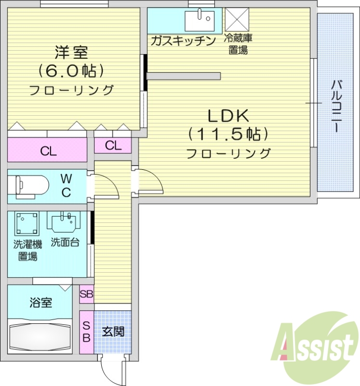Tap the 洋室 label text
(x=71, y=51)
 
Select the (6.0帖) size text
(x=71, y=70)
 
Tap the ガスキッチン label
(x=183, y=41)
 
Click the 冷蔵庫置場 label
(x=238, y=44)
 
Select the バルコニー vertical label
(x=336, y=107)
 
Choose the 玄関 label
(x=113, y=331)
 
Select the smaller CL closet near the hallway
(x=113, y=145)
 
